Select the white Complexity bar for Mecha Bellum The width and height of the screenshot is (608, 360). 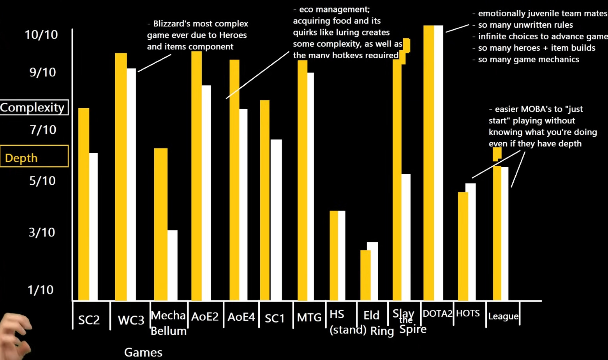172,265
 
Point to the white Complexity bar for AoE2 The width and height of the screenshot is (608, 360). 206,192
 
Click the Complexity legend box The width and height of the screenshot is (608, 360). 34,107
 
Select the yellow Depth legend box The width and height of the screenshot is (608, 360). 34,156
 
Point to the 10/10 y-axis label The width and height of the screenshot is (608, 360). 41,35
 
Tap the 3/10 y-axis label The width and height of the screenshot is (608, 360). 42,232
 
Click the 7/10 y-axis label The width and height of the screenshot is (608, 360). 43,129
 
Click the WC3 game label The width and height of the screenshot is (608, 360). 131,320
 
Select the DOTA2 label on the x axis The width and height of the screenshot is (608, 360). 437,314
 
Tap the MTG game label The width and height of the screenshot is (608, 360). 309,318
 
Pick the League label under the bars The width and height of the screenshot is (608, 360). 503,316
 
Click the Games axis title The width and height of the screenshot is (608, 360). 143,352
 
